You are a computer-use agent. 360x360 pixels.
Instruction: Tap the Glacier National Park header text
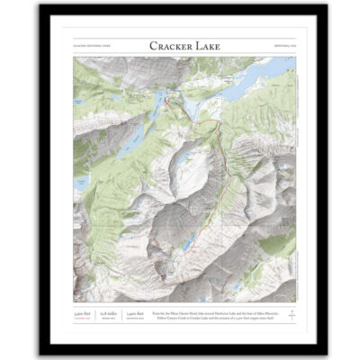(88, 47)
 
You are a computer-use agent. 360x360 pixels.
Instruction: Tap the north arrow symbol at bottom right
(289, 312)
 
